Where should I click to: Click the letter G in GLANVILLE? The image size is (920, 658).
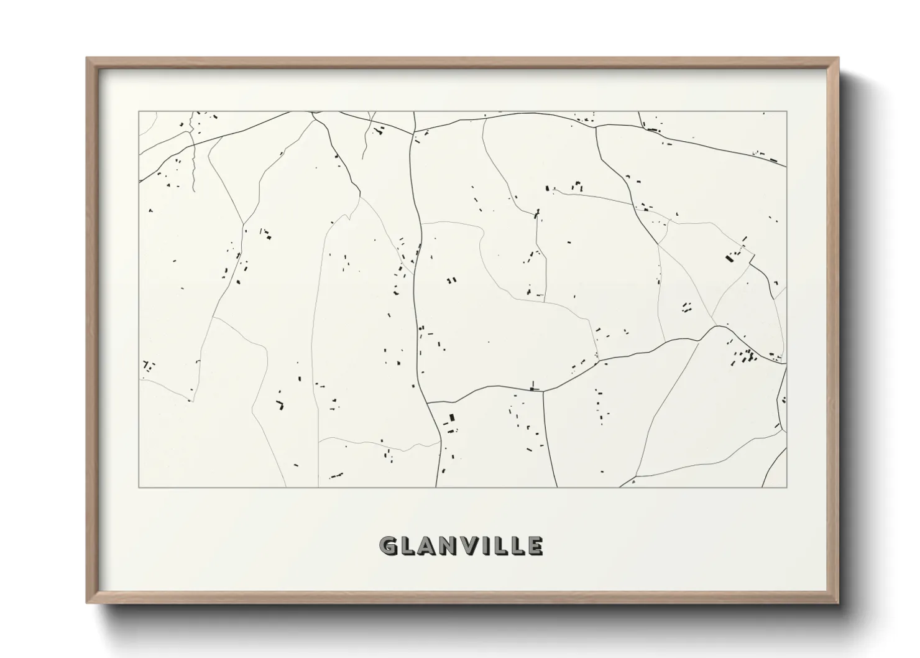click(389, 546)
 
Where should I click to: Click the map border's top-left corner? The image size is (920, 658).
click(139, 111)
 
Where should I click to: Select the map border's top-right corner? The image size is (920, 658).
click(787, 111)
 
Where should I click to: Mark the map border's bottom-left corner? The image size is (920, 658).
click(139, 487)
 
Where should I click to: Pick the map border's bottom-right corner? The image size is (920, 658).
click(787, 487)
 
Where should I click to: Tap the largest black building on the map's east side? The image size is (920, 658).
click(730, 257)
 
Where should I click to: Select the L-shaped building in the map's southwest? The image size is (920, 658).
click(280, 405)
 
